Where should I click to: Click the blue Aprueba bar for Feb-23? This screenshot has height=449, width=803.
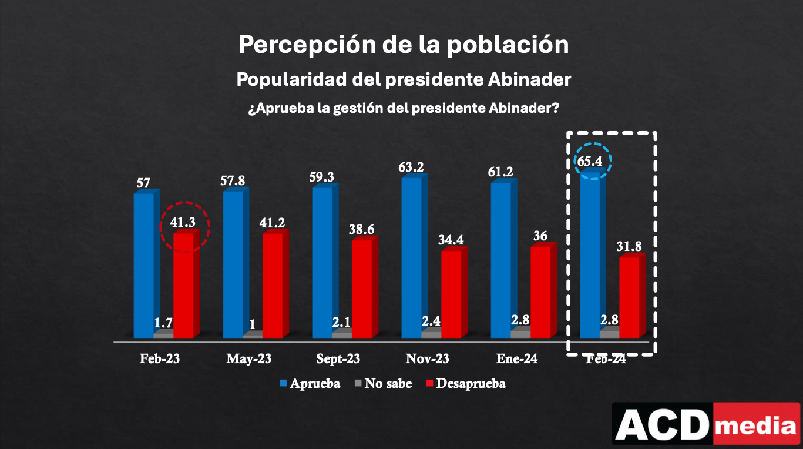pos(144,264)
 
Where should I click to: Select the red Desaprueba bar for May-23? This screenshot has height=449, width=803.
pos(273,285)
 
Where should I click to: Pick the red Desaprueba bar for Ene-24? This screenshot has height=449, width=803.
pos(540,291)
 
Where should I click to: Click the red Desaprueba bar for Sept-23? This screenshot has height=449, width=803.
pos(362,288)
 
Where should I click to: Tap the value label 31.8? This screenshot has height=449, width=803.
pos(629,246)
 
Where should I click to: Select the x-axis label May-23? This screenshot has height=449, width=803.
pos(249,359)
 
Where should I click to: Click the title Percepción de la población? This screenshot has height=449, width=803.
pos(404,45)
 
